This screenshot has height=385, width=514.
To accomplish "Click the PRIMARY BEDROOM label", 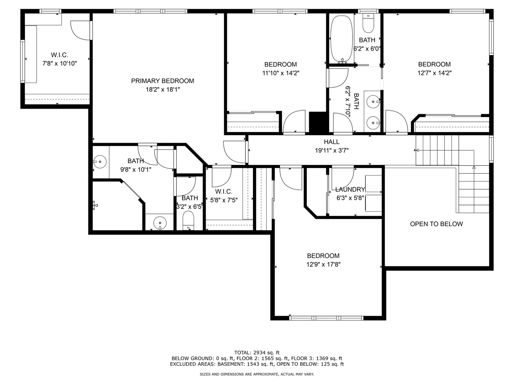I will click(x=162, y=81).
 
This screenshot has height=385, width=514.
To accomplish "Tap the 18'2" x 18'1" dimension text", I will click(x=162, y=90).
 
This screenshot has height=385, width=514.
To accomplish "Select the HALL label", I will click(x=331, y=142).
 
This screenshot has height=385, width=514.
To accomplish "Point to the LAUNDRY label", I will click(x=350, y=189).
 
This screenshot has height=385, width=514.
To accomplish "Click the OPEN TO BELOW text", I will click(x=436, y=224).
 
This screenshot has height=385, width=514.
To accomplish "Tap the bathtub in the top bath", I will click(x=342, y=38).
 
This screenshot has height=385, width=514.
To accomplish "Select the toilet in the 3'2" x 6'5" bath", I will click(x=188, y=221).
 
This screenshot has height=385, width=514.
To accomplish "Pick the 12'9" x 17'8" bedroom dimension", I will click(x=323, y=264).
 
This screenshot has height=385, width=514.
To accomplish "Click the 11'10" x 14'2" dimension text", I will click(x=280, y=73).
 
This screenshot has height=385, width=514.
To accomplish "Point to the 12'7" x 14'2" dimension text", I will click(x=434, y=73).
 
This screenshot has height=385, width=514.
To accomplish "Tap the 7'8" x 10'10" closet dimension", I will click(x=59, y=63).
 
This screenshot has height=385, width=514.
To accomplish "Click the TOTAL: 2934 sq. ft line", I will click(x=257, y=352).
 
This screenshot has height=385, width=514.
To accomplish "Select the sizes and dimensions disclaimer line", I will click(x=257, y=374).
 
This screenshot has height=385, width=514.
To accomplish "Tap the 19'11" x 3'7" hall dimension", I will click(x=331, y=150).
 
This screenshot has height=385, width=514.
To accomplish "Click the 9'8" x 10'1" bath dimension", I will click(x=136, y=170).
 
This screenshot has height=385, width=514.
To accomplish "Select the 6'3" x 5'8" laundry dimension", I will click(x=350, y=197).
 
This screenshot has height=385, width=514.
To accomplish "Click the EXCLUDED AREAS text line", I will click(x=257, y=364).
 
